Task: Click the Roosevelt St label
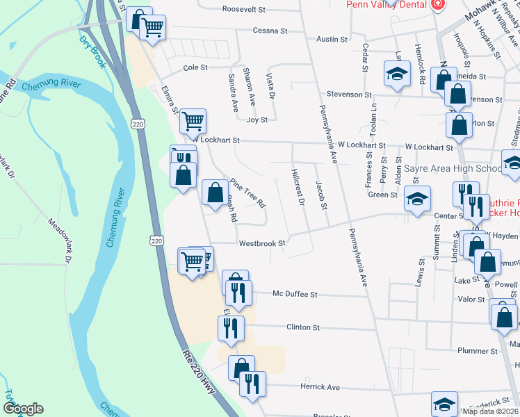(244, 10)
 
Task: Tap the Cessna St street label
(270, 31)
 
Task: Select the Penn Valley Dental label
(386, 4)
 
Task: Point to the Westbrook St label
(262, 244)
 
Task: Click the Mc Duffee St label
(295, 295)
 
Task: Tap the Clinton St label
(302, 327)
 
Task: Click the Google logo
(22, 409)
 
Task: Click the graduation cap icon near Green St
(417, 199)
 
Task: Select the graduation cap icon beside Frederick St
(445, 404)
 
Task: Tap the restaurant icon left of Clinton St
(230, 328)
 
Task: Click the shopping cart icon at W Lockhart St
(193, 121)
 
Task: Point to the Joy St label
(257, 120)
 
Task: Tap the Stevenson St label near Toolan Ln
(349, 95)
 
